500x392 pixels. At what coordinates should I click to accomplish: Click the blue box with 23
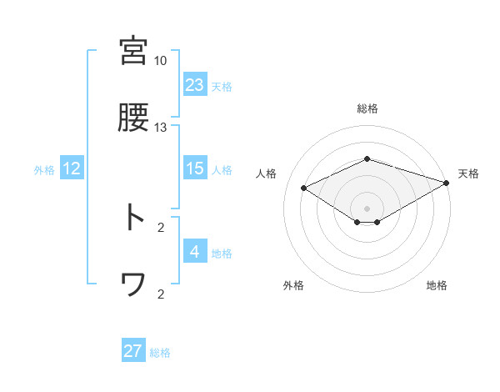click(x=195, y=85)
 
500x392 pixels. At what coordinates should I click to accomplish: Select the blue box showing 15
click(x=195, y=168)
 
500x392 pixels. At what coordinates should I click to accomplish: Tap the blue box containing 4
click(x=195, y=252)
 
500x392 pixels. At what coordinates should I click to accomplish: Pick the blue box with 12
click(x=72, y=168)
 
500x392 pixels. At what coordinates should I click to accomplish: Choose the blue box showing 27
click(x=133, y=351)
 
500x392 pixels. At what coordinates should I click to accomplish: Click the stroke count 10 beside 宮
click(x=161, y=61)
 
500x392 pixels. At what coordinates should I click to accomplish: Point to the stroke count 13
click(x=161, y=128)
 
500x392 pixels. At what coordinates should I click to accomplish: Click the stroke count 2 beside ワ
click(x=161, y=294)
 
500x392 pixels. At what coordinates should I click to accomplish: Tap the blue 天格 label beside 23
click(x=222, y=87)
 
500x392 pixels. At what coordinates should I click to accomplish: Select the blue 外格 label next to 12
click(x=44, y=170)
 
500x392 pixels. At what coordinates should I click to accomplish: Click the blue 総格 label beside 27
click(x=160, y=353)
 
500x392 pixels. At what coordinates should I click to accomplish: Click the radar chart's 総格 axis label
click(x=367, y=108)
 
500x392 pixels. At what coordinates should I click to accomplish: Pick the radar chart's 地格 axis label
click(x=437, y=286)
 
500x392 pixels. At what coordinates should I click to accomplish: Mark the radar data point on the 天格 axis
click(x=447, y=182)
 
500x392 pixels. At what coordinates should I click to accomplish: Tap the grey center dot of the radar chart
click(x=367, y=208)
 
